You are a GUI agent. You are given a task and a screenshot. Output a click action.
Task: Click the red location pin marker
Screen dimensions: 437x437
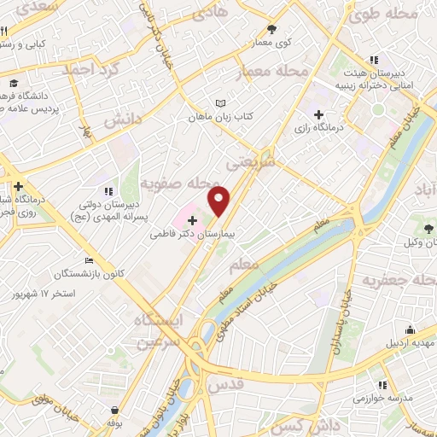219,201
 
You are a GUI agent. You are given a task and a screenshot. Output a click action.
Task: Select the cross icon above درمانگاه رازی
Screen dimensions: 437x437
319,114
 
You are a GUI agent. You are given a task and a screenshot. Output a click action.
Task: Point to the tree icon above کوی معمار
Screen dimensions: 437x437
271,28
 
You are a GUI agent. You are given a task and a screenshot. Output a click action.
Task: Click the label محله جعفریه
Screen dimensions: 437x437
398,280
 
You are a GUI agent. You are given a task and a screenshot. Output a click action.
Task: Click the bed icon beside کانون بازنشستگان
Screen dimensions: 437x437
89,261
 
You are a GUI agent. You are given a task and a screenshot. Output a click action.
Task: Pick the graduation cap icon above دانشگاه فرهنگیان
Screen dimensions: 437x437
15,84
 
